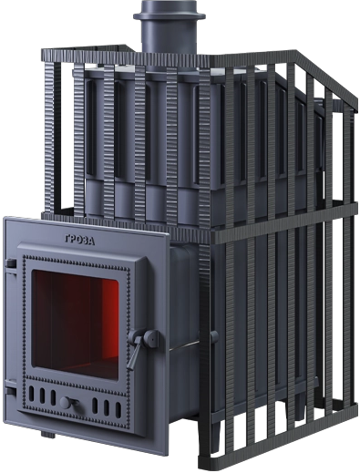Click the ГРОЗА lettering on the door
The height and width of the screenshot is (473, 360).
click(79, 240)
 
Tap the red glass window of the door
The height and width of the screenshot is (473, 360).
click(75, 324)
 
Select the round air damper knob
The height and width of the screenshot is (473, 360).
click(66, 403)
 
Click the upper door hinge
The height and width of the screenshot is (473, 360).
click(11, 263)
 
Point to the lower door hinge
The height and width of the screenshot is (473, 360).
click(10, 390)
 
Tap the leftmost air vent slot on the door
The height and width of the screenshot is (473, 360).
click(31, 394)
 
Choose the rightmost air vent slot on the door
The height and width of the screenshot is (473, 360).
click(118, 410)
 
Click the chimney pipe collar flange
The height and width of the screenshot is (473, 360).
click(170, 15)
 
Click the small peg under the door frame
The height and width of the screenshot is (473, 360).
click(48, 434)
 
